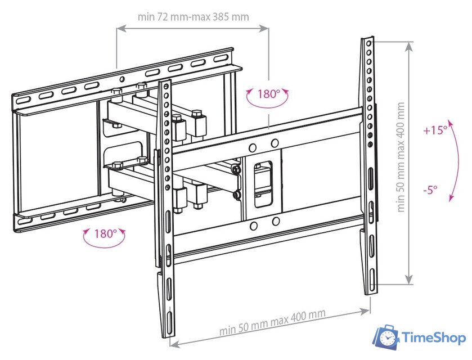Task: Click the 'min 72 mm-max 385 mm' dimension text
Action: click(194, 17)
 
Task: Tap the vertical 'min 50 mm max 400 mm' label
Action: click(401, 157)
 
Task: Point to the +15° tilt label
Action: click(435, 130)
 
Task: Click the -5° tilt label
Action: click(430, 190)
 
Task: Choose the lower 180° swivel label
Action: click(106, 233)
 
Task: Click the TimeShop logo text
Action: click(434, 337)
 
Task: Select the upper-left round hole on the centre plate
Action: click(253, 147)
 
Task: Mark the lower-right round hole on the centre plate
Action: click(276, 222)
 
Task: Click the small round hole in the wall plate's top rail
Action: click(122, 79)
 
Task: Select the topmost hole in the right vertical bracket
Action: click(368, 44)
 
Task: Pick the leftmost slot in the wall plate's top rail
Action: click(24, 100)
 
